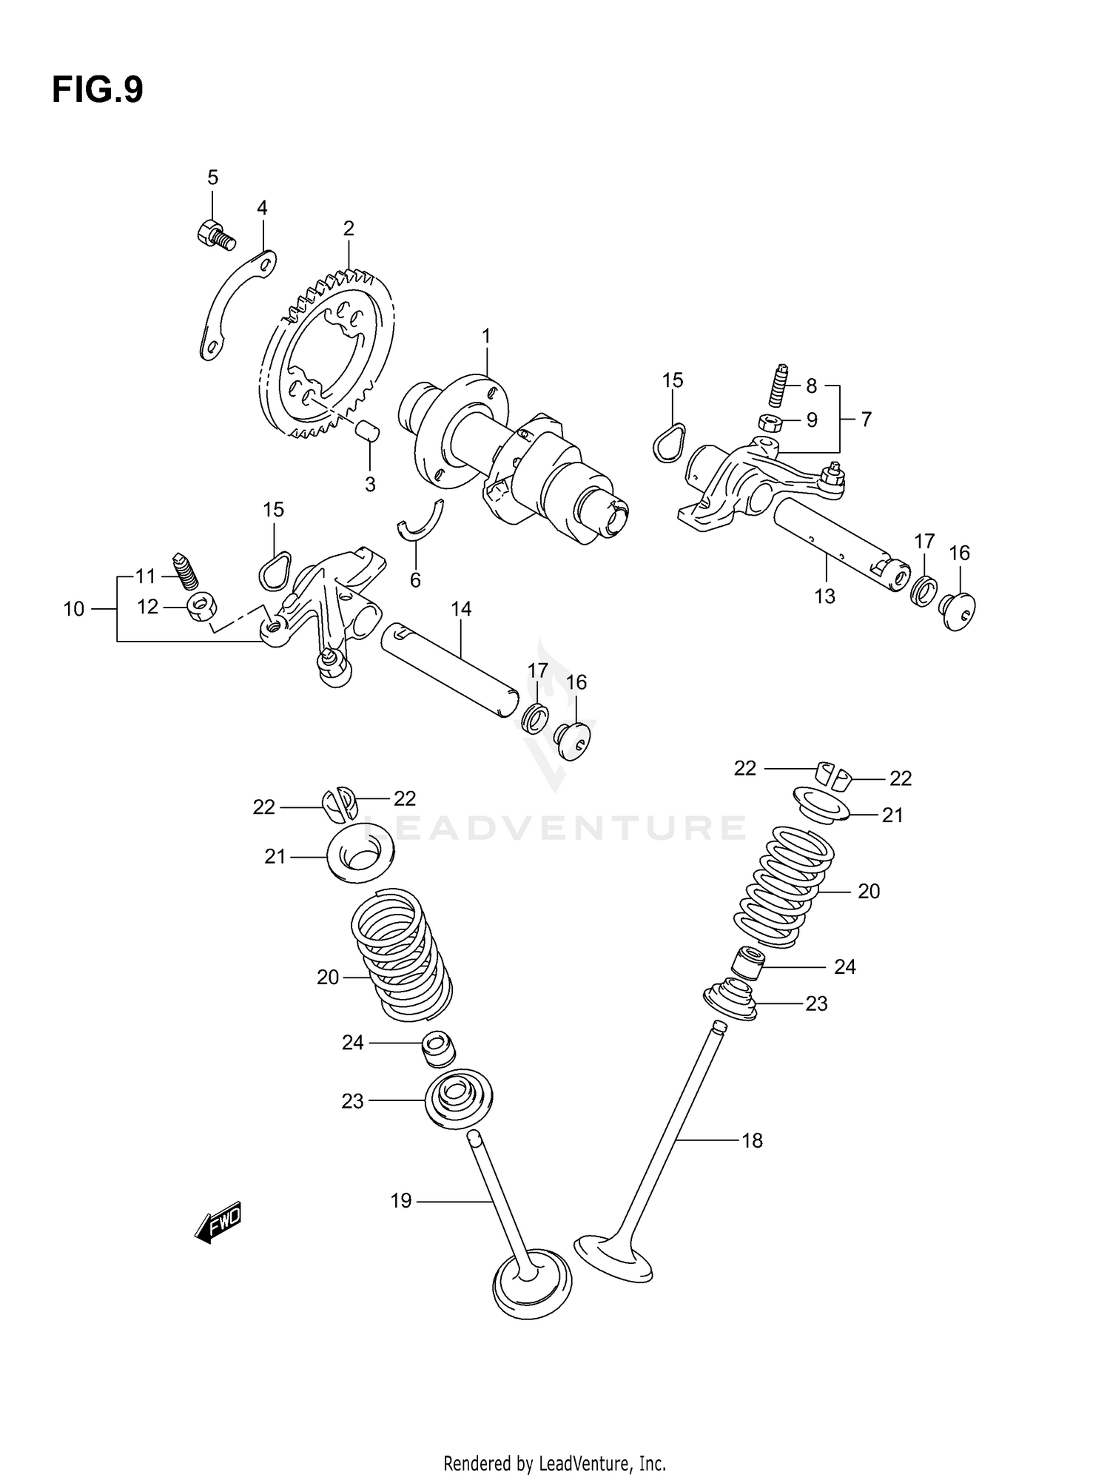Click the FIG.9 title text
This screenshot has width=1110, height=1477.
[x=97, y=90]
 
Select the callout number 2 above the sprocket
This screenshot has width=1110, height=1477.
[x=349, y=229]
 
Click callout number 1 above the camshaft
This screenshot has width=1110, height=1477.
[x=486, y=337]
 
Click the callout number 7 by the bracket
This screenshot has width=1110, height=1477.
[x=866, y=420]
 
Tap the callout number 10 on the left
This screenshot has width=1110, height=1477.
[x=74, y=609]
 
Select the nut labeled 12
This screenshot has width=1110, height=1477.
[x=200, y=608]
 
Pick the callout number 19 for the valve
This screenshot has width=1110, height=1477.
[x=400, y=1200]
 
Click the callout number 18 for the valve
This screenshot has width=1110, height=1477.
[x=752, y=1140]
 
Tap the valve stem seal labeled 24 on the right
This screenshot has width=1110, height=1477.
[x=746, y=963]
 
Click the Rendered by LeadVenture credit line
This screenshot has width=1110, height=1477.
[x=554, y=1463]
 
